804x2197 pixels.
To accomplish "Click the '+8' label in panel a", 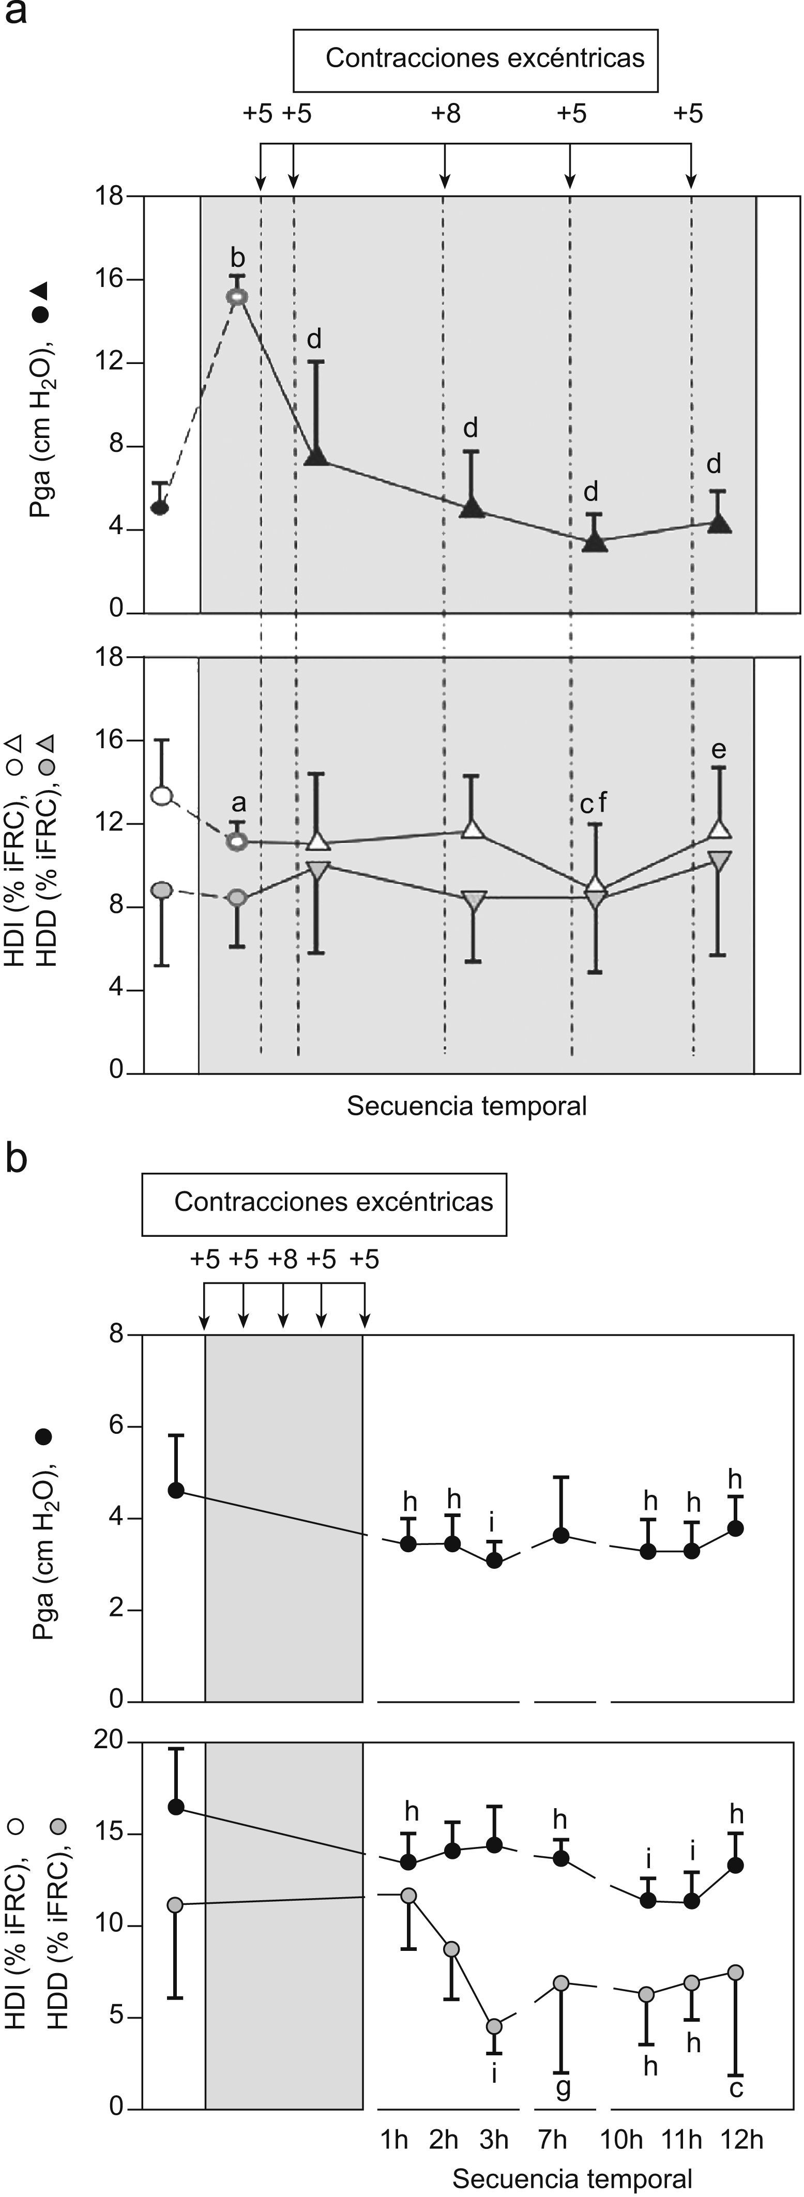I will (446, 113).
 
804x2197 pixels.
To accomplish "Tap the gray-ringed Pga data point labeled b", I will (237, 296).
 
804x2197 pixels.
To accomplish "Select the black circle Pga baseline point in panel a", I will (159, 507).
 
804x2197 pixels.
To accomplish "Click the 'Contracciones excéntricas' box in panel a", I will (476, 59).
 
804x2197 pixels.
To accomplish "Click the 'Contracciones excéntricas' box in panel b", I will (324, 1203).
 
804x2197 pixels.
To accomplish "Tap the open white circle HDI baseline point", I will (162, 796).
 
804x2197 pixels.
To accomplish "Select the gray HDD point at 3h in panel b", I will (494, 2026).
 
